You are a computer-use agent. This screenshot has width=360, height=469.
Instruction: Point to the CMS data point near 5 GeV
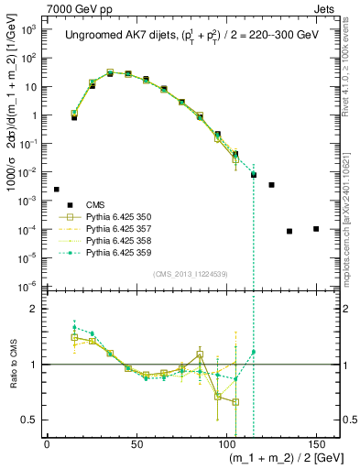56,190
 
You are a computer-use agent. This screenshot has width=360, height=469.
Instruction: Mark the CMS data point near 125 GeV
271,185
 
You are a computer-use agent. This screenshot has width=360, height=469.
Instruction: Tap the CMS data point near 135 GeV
289,231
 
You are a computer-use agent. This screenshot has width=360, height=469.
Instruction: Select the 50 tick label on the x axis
136,444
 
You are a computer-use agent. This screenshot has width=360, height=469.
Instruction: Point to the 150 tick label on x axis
316,444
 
